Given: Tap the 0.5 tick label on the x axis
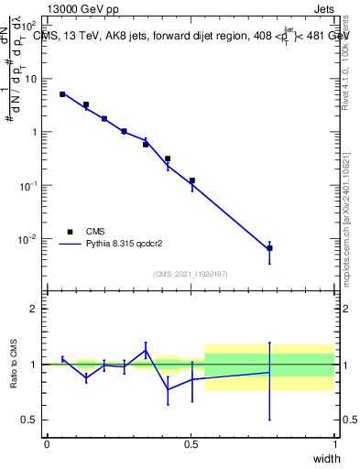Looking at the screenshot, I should [x=191, y=443].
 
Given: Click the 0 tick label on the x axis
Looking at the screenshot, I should [x=47, y=443].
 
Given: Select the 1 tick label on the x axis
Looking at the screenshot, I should [x=334, y=443].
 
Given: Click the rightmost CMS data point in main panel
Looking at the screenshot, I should [x=269, y=248].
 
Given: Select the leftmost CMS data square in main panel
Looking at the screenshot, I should [x=62, y=94].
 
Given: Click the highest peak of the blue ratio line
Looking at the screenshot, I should [x=146, y=350].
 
